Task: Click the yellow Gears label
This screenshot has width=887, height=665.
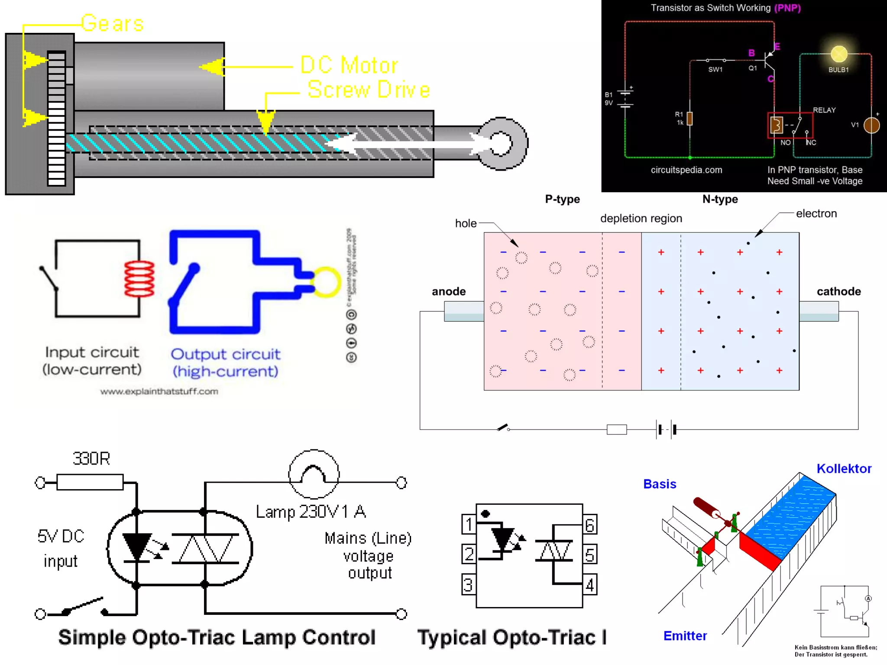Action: (x=112, y=23)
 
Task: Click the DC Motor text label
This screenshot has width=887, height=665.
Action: (x=349, y=66)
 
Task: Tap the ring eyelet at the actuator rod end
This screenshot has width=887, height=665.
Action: (x=502, y=143)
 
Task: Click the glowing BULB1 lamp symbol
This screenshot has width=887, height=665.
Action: (x=839, y=54)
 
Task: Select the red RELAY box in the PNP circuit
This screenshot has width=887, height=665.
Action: (x=790, y=126)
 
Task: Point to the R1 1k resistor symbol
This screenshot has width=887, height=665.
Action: (x=690, y=118)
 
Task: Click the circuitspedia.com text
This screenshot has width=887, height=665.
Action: (x=686, y=170)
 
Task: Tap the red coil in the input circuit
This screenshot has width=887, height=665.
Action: (x=139, y=278)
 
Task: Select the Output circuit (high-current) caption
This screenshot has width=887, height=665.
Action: (x=226, y=363)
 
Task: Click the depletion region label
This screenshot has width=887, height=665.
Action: (x=641, y=219)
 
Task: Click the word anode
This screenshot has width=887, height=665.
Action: (x=449, y=291)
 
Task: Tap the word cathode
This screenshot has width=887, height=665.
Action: (x=838, y=291)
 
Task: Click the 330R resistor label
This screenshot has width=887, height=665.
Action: (x=91, y=459)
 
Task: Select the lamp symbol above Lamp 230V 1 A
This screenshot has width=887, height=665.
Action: (x=314, y=475)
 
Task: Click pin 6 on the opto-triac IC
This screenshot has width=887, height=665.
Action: (x=590, y=525)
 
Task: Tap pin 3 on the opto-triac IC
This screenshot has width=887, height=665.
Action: (x=468, y=585)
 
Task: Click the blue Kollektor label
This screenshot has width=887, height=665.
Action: (x=844, y=469)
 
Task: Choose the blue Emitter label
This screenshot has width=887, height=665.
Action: (x=685, y=636)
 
